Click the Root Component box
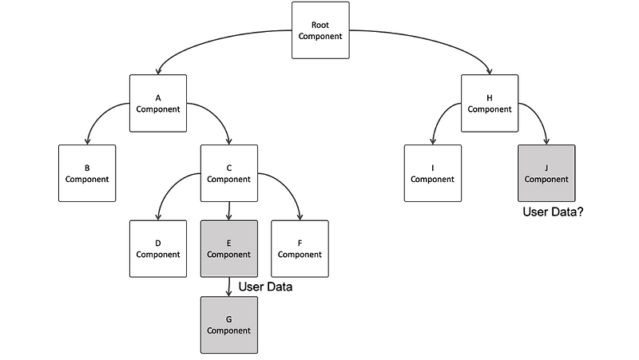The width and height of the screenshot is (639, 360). (x=320, y=30)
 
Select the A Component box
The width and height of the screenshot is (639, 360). (x=158, y=103)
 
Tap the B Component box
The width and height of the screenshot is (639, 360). (x=87, y=173)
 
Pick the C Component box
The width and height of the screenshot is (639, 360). (x=228, y=173)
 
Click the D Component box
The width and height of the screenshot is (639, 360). (x=158, y=248)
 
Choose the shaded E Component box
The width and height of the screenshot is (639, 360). (x=228, y=248)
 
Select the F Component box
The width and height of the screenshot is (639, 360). (x=300, y=248)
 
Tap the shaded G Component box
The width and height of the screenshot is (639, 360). (x=228, y=324)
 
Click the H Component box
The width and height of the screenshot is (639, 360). (x=490, y=103)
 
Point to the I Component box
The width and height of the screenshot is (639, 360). (x=432, y=173)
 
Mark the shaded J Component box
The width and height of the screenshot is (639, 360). (x=546, y=173)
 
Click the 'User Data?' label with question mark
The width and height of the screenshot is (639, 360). (x=552, y=212)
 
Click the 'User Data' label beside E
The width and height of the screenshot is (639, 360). (x=265, y=287)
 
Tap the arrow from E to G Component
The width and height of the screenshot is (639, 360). (x=229, y=286)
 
